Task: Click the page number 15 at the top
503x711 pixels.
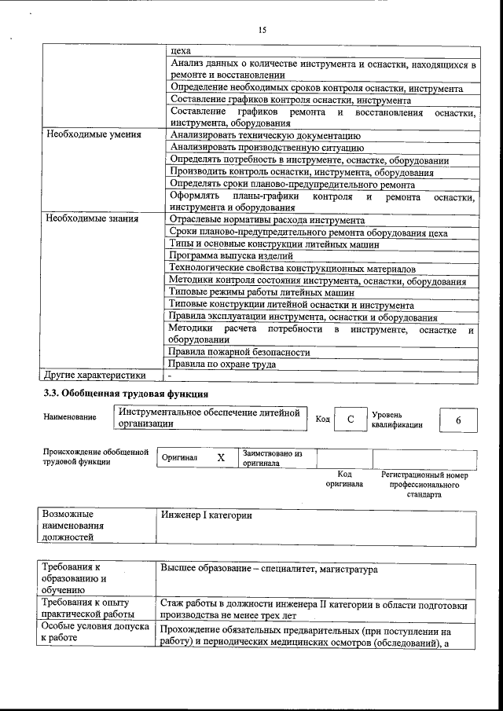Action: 263,30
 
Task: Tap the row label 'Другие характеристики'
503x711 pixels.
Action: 95,376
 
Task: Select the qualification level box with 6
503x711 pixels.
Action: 457,420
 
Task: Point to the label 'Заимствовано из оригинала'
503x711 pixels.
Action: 272,458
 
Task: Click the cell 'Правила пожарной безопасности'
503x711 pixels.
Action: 240,353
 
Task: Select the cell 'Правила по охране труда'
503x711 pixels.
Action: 224,365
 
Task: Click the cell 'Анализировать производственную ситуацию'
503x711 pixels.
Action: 266,147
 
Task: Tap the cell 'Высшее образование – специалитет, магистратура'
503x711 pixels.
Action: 269,569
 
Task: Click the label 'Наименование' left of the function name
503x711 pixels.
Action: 70,417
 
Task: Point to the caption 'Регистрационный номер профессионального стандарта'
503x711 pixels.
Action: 424,485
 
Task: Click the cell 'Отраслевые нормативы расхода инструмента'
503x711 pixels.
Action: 267,220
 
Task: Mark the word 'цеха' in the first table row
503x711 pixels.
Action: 181,50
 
